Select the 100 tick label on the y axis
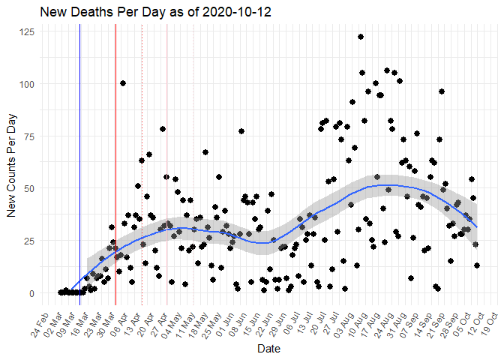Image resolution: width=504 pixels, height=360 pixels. click(27, 84)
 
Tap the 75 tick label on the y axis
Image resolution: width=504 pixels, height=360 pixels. click(29, 136)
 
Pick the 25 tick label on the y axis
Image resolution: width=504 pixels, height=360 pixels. click(29, 241)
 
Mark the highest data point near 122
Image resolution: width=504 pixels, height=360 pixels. click(361, 37)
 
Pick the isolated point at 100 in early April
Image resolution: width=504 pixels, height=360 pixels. click(123, 83)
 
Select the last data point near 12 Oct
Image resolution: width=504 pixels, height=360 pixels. click(477, 265)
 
